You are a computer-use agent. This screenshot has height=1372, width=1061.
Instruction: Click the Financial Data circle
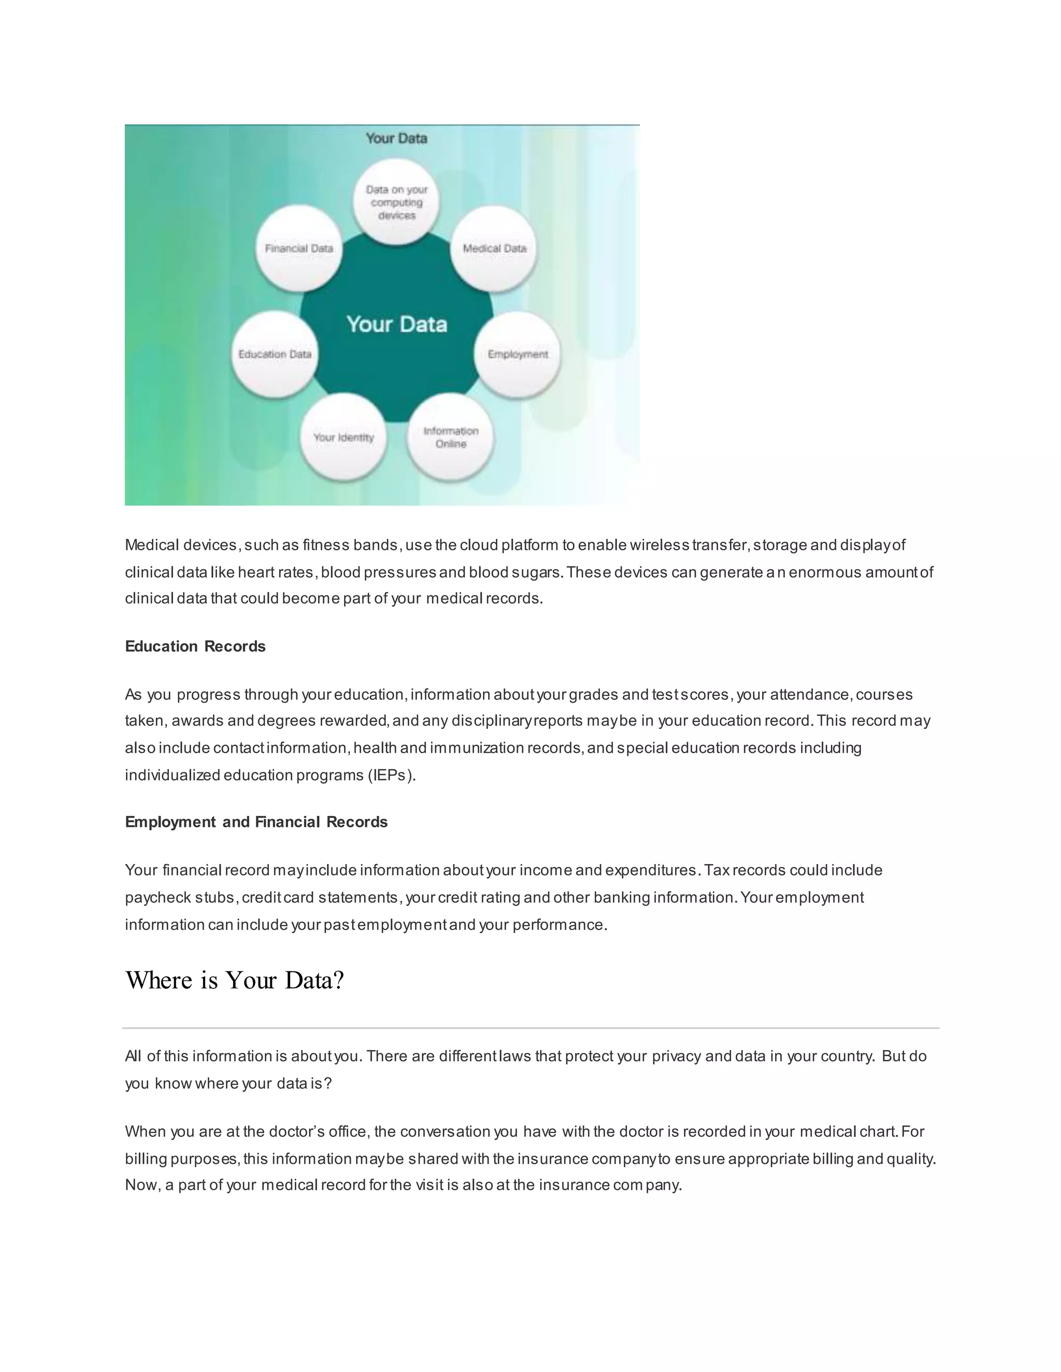click(x=299, y=249)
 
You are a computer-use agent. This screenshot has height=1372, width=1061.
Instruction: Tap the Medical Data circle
click(x=494, y=249)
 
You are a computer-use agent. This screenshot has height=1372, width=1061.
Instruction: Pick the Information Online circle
click(x=451, y=438)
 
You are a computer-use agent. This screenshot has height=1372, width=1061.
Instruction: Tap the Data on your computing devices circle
click(x=397, y=202)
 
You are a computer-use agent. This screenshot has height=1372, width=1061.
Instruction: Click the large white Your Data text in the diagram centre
click(x=397, y=325)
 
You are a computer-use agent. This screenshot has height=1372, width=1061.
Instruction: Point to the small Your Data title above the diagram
click(x=397, y=138)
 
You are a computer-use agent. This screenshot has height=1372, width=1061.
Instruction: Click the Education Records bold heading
click(x=195, y=647)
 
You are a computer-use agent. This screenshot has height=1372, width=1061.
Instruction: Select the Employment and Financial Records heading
click(x=256, y=822)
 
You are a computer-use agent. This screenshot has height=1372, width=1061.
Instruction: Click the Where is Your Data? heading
click(x=235, y=981)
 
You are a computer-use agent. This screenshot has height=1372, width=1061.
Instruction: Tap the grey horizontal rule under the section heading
click(x=530, y=1028)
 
